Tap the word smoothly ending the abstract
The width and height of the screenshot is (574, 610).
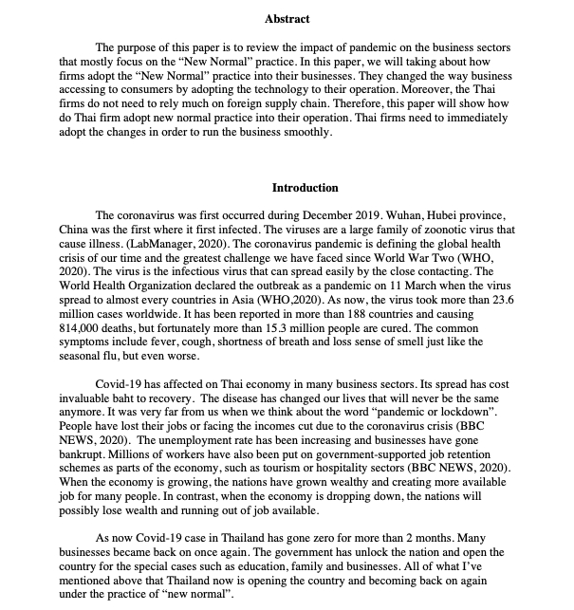pos(302,132)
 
